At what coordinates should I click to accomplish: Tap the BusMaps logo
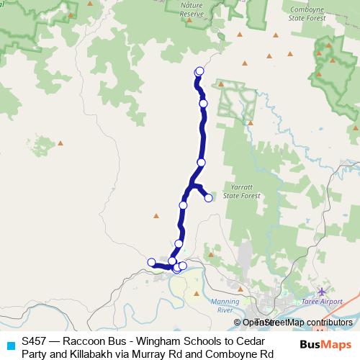pyautogui.click(x=324, y=346)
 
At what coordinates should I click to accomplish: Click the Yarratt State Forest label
pyautogui.click(x=240, y=191)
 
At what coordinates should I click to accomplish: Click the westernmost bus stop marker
pyautogui.click(x=151, y=262)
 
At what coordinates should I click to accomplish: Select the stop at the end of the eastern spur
pyautogui.click(x=208, y=198)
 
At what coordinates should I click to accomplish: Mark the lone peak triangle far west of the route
pyautogui.click(x=60, y=144)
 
